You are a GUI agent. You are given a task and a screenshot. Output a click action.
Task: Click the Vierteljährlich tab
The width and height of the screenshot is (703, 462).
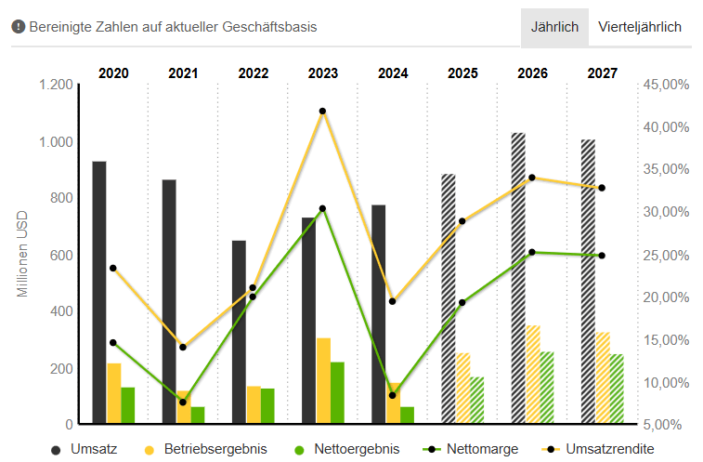point(639,27)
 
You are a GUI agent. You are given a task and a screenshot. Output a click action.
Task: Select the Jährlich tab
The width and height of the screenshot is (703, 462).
point(553,27)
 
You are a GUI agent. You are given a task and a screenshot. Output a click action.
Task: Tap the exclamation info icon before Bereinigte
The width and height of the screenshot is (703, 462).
point(18,27)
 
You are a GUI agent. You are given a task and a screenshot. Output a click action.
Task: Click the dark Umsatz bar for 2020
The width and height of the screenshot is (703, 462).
point(98,293)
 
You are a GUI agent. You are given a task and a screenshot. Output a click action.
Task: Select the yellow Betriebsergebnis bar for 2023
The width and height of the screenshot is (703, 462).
point(323,381)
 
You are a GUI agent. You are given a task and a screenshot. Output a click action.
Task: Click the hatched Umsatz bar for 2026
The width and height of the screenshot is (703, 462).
point(518,279)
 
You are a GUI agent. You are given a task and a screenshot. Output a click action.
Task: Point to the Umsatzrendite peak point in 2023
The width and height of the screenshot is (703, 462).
point(322,112)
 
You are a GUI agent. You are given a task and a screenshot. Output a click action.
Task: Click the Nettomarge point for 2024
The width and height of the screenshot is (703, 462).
point(393,396)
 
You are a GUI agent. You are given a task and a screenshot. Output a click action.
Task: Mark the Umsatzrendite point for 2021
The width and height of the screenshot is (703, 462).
point(183,348)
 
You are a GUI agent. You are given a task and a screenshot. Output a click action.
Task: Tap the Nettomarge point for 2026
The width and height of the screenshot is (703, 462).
point(532,252)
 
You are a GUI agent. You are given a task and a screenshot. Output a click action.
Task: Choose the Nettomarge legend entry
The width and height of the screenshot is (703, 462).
point(470,449)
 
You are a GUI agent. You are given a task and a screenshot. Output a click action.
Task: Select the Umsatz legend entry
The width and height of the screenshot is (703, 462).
point(84,449)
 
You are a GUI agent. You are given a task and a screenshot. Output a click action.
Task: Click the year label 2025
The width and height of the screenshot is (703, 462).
point(462,73)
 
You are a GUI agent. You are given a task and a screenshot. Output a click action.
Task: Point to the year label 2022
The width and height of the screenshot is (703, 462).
point(254,73)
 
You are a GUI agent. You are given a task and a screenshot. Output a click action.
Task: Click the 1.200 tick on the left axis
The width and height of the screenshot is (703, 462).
point(55,85)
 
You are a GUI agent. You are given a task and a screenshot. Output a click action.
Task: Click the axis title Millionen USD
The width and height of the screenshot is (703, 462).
point(23,255)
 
